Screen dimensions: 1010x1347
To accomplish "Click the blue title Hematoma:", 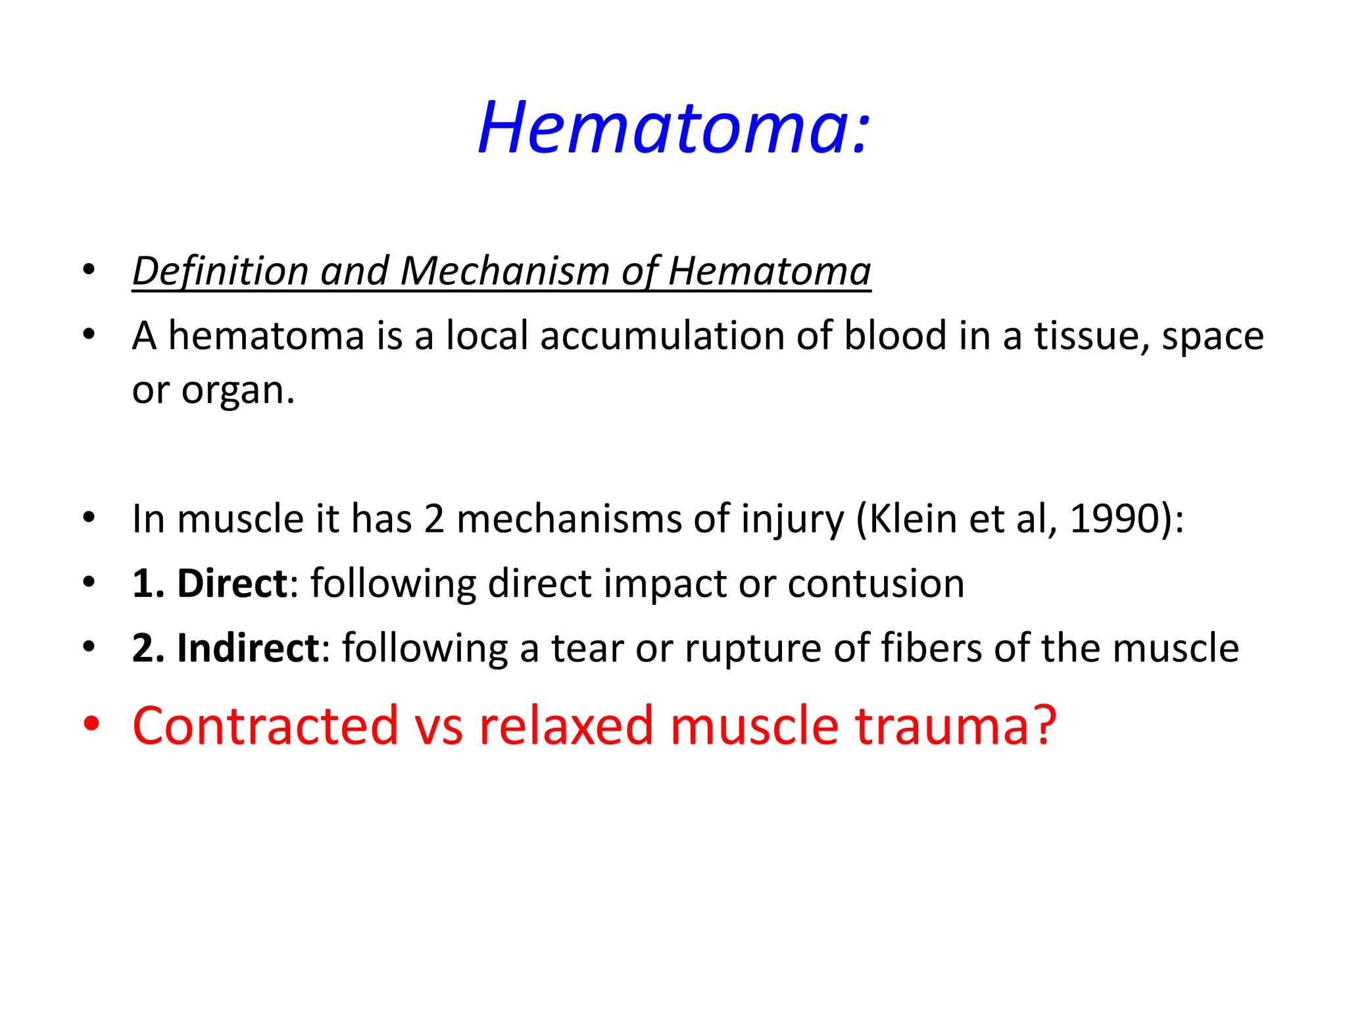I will click(x=673, y=128).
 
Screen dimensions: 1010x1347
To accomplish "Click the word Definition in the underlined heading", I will click(x=220, y=271).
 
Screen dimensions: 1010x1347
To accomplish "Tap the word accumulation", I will click(x=662, y=336).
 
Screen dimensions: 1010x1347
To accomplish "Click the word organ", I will click(x=237, y=391).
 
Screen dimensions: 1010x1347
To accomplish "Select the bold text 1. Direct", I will click(x=209, y=583).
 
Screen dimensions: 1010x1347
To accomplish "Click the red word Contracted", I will click(x=265, y=726).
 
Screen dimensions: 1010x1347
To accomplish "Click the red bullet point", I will click(x=91, y=724).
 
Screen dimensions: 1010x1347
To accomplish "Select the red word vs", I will click(x=439, y=726).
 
